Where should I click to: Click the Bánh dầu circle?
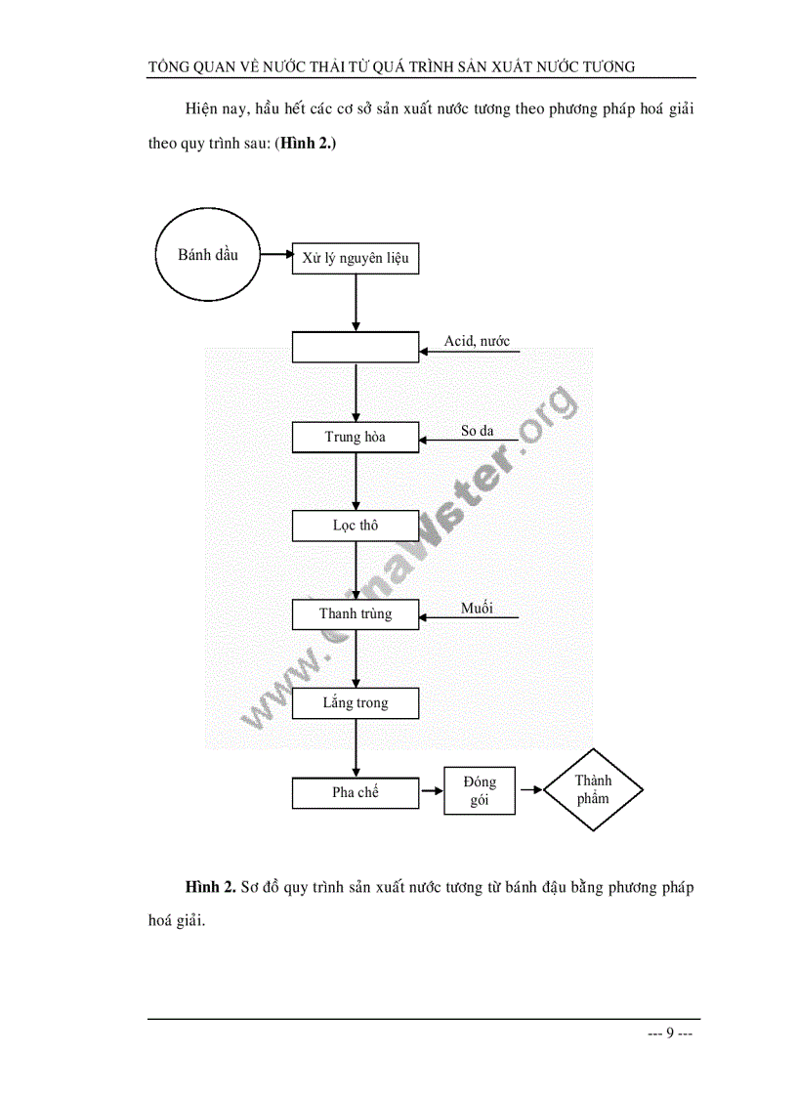pyautogui.click(x=206, y=256)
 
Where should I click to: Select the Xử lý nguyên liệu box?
pyautogui.click(x=356, y=259)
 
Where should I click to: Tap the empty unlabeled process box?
pyautogui.click(x=356, y=347)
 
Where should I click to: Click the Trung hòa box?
pyautogui.click(x=356, y=437)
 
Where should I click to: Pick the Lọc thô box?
pyautogui.click(x=356, y=526)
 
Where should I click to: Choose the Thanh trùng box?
pyautogui.click(x=356, y=614)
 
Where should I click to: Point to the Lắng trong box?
pyautogui.click(x=356, y=703)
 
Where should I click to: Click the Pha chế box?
pyautogui.click(x=356, y=792)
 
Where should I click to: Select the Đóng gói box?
pyautogui.click(x=480, y=791)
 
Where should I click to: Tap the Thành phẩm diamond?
pyautogui.click(x=593, y=790)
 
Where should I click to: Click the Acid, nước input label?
pyautogui.click(x=477, y=341)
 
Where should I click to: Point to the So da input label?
pyautogui.click(x=478, y=430)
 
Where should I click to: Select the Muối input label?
pyautogui.click(x=477, y=608)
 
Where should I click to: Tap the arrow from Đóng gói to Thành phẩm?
pyautogui.click(x=529, y=790)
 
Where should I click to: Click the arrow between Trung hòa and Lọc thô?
pyautogui.click(x=356, y=482)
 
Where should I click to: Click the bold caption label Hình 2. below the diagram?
pyautogui.click(x=211, y=888)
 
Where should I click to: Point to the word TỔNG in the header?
pyautogui.click(x=169, y=66)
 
